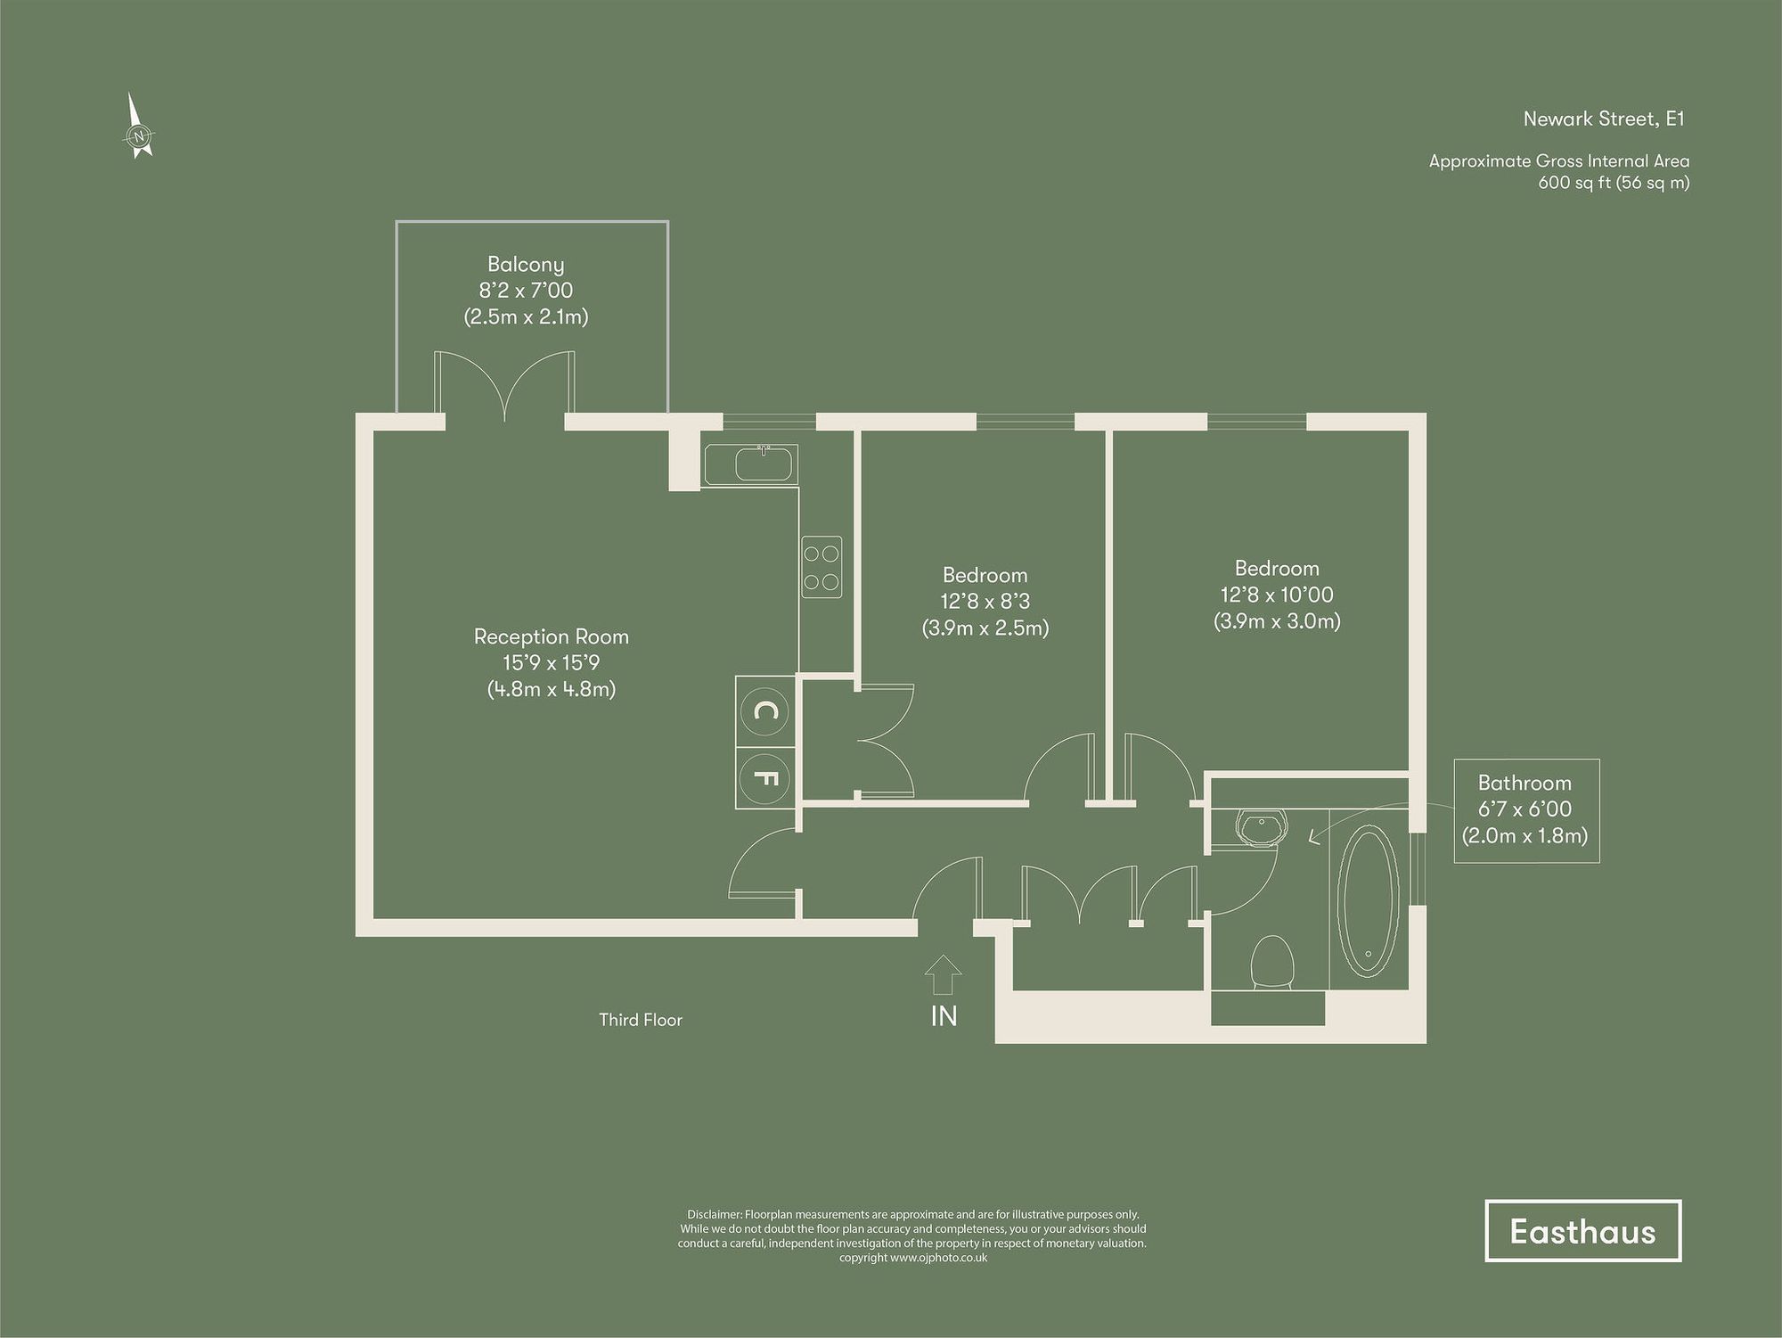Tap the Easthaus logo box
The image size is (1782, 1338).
tap(1582, 1231)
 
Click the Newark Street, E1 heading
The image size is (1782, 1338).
tap(1604, 119)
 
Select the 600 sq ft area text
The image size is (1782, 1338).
tap(1613, 183)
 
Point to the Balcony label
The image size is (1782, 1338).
tap(526, 264)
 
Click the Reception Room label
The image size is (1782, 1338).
tap(551, 636)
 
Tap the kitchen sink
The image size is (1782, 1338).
tap(751, 464)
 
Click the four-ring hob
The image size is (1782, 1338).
tap(821, 567)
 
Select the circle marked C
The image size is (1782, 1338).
tap(765, 710)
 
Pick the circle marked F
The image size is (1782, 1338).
tap(765, 778)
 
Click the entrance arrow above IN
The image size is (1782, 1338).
tap(943, 974)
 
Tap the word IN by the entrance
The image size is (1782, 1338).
tap(944, 1015)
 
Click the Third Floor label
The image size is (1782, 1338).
tap(640, 1020)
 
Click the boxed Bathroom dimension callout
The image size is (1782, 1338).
tap(1525, 809)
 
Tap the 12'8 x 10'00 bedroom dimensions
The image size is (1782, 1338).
tap(1276, 595)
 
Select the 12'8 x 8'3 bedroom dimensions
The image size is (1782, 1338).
tap(985, 602)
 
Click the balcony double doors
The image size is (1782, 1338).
tap(504, 388)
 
